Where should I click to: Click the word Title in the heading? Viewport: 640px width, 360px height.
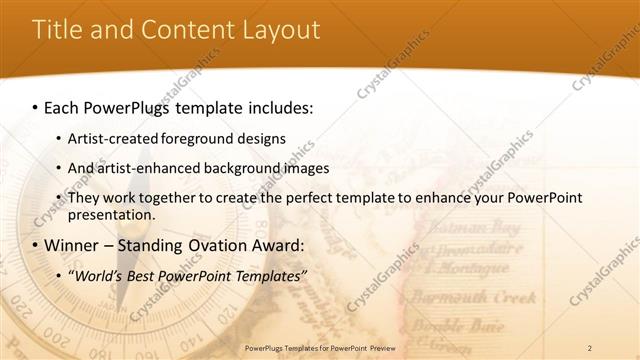(x=57, y=29)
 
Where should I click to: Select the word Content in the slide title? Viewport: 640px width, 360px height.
(x=186, y=29)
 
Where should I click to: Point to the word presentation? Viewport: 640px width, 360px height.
(x=111, y=214)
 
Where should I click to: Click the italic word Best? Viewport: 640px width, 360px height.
(x=145, y=275)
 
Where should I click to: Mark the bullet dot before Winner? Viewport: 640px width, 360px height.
(x=35, y=245)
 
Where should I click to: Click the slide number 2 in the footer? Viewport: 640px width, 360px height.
(x=590, y=347)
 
